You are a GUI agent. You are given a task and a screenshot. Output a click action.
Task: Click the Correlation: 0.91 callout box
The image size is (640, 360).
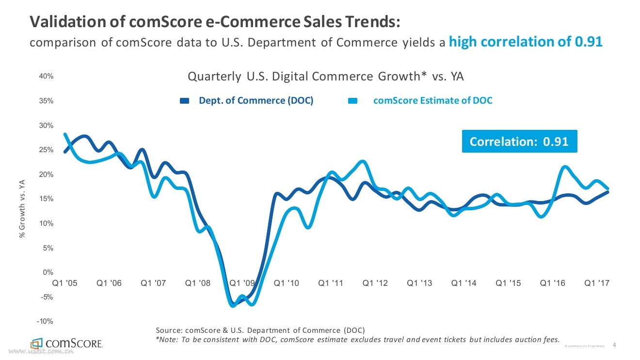tap(519, 141)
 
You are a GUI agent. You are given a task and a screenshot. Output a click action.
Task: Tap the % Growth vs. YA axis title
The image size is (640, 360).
tap(21, 209)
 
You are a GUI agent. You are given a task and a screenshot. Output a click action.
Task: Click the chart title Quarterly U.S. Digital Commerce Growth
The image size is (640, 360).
tap(326, 77)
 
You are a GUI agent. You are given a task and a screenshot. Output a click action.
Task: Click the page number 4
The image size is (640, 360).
tap(614, 345)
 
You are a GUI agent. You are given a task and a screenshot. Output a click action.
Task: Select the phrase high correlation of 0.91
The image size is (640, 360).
tap(526, 42)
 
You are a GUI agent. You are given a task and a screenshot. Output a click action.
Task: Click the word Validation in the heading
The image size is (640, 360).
tap(61, 22)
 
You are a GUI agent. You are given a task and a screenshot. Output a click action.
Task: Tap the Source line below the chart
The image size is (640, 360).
tap(260, 330)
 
